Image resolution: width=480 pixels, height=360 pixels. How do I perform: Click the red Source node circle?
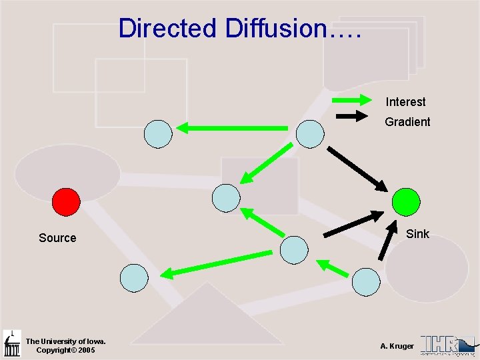(x=66, y=201)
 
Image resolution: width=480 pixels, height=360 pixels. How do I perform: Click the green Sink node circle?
(x=406, y=201)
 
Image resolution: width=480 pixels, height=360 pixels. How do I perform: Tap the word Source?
(x=57, y=238)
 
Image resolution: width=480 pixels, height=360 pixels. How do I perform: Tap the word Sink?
(x=417, y=233)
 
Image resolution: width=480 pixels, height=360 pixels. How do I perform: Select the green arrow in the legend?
(x=353, y=101)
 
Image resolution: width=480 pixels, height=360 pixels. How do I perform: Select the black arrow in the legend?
(x=353, y=116)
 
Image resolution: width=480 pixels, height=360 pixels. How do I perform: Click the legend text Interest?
(x=405, y=102)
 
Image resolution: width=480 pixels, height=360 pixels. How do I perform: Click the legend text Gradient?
(x=407, y=122)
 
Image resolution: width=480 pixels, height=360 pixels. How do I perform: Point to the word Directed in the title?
(x=167, y=29)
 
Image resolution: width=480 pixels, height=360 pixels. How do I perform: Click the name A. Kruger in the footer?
(x=397, y=346)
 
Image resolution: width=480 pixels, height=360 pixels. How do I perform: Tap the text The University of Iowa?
(x=61, y=341)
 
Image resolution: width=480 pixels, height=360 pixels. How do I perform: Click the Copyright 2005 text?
(x=65, y=350)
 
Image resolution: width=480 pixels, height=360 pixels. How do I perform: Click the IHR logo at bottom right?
(x=447, y=345)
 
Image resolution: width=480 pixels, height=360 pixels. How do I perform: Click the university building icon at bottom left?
(x=12, y=343)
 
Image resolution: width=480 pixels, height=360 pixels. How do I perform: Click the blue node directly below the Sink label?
(x=365, y=282)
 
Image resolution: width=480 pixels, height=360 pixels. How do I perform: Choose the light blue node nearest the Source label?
(x=134, y=277)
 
